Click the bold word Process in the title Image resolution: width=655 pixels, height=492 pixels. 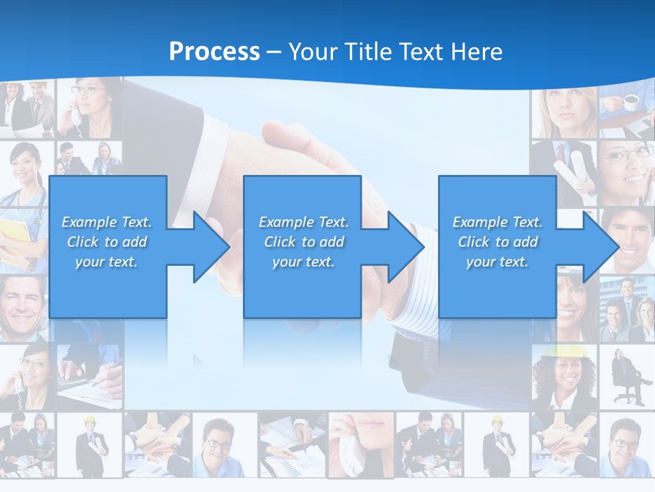[214, 51]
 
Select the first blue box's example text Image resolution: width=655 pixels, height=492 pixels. [106, 242]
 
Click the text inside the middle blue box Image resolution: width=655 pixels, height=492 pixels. [304, 242]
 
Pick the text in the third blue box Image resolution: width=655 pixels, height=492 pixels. [497, 242]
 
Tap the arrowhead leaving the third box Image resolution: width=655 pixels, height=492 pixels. [600, 247]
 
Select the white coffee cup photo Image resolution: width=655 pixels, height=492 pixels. [630, 102]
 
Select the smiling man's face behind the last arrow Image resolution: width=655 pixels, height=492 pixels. [631, 236]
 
